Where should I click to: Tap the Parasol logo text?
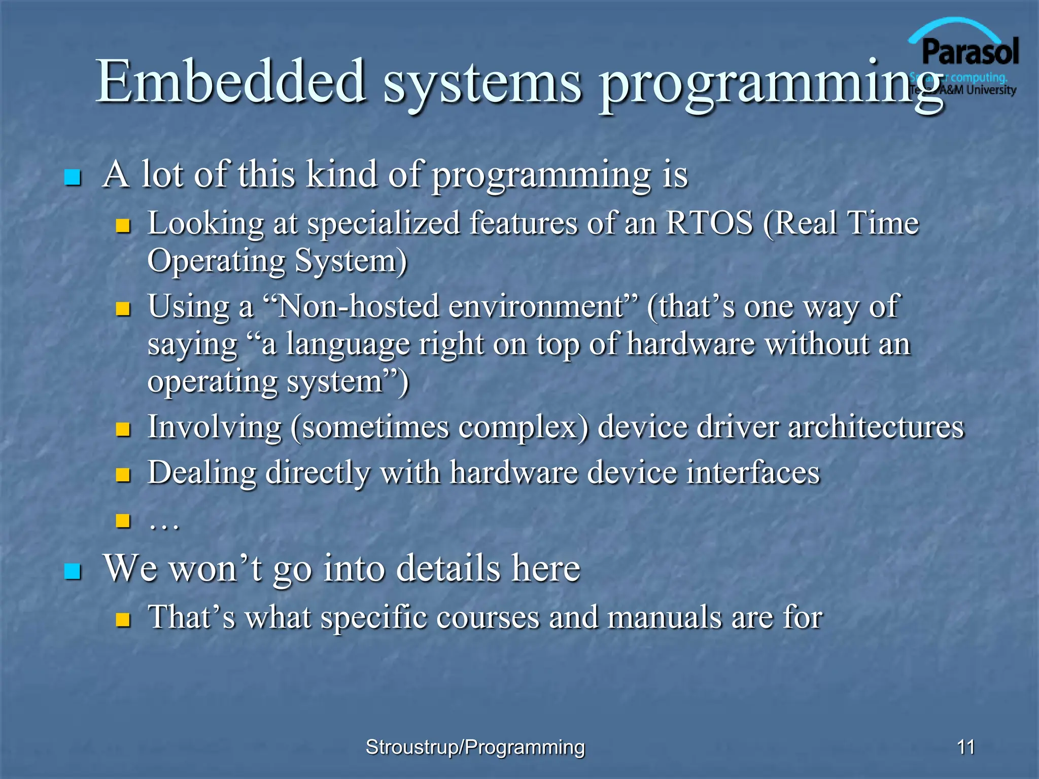click(970, 52)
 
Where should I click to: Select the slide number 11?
click(966, 747)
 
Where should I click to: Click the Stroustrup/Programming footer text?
click(475, 747)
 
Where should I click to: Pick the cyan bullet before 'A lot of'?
click(73, 177)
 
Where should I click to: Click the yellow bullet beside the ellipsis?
click(123, 521)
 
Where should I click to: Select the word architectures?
click(876, 427)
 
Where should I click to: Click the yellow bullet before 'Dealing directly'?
click(123, 475)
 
